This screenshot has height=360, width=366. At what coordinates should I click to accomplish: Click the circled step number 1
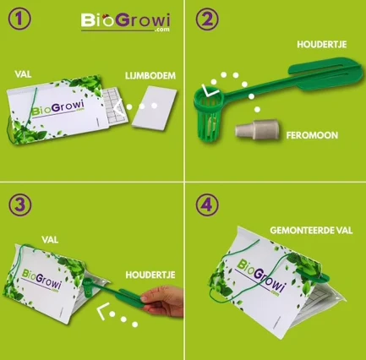[19, 19]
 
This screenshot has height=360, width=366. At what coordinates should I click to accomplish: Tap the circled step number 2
[207, 19]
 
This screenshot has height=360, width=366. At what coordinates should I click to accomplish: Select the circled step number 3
[20, 205]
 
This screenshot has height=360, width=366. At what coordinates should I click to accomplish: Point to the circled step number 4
[207, 205]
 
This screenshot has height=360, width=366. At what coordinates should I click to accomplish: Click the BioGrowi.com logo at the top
[126, 22]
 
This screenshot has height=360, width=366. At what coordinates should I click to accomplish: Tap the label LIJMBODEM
[150, 75]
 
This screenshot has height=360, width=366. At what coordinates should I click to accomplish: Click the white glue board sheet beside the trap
[155, 108]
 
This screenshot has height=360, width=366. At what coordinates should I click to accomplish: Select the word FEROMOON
[312, 135]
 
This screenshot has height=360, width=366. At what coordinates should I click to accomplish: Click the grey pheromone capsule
[257, 130]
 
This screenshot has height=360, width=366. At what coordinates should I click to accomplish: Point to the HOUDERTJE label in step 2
[322, 45]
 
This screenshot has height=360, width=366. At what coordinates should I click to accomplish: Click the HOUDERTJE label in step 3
[150, 275]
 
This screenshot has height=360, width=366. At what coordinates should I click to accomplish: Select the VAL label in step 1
[23, 74]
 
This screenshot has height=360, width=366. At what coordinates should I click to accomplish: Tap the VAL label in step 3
[50, 240]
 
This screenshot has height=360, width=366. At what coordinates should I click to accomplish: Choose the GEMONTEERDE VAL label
[311, 231]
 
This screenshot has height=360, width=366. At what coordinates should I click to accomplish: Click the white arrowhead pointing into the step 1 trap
[118, 106]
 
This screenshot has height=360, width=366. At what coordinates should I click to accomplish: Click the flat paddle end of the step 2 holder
[326, 74]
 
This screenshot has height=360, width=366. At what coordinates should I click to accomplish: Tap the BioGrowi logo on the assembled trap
[260, 277]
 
